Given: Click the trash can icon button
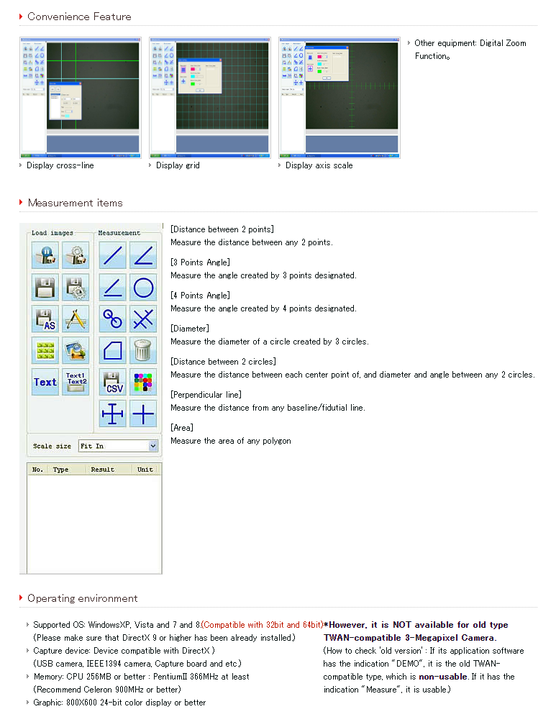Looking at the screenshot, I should coord(143,350).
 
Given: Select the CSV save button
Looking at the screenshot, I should coord(112,382).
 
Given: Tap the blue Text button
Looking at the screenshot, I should coord(45,382).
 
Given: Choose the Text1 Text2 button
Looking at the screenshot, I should coord(76,382).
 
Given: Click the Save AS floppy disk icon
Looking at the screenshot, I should coord(45,319).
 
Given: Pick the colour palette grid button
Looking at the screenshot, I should coord(143,382).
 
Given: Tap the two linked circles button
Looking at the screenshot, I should coord(112,319).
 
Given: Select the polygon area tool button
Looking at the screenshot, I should coord(112,350).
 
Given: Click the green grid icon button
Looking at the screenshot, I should coord(45,350).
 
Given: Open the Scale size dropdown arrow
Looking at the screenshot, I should coord(152,446).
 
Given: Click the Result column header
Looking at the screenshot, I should coord(102,470).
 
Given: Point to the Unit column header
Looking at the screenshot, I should coord(145,470).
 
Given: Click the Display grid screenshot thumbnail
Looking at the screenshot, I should coord(209,97).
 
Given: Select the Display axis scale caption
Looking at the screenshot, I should coord(319,165).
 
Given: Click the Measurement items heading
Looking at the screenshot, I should coord(75,203).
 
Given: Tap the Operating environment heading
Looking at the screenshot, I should coord(82,598).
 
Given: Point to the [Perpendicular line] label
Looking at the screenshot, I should coord(206,395).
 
